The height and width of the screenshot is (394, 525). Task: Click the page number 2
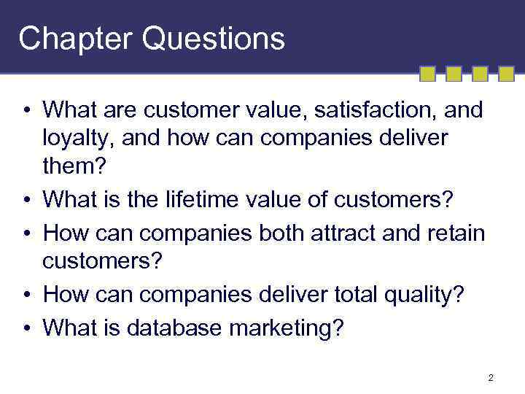click(x=491, y=377)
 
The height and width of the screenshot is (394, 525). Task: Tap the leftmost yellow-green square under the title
click(x=428, y=73)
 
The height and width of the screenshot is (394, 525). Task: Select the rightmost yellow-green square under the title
click(x=506, y=73)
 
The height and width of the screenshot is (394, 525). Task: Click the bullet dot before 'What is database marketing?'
click(x=25, y=328)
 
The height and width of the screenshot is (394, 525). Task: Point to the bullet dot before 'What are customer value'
click(x=25, y=111)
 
